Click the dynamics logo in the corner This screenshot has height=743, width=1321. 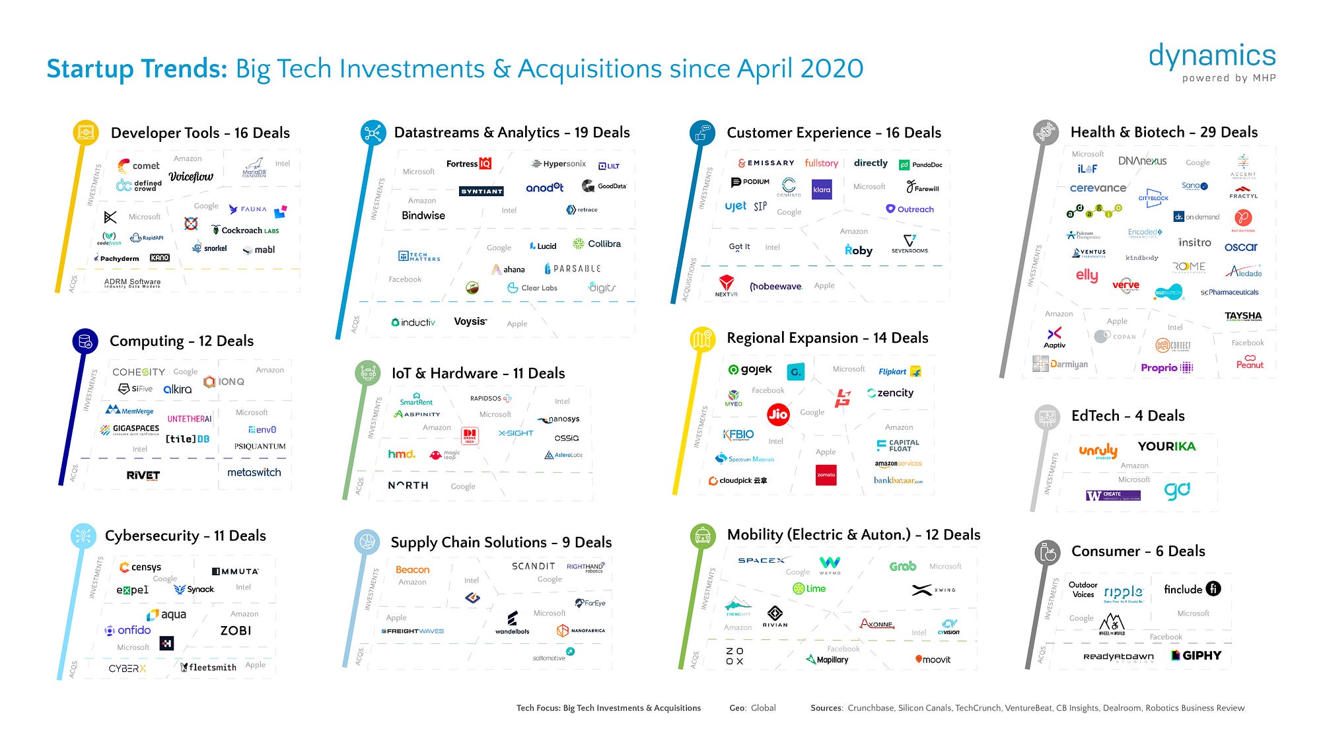tap(1212, 57)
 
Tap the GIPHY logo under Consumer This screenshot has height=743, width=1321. tap(1196, 655)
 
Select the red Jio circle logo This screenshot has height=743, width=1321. tap(778, 414)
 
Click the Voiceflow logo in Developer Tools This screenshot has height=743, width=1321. tap(191, 176)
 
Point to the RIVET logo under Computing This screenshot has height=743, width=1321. tap(143, 475)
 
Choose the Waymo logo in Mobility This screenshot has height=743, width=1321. tap(830, 564)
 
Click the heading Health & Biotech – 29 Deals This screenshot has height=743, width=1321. tap(1164, 132)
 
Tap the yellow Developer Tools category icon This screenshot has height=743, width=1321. tap(85, 132)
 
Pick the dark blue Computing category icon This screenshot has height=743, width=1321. tap(85, 341)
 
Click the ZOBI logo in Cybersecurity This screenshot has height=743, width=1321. tap(236, 631)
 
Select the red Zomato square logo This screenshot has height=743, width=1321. tap(826, 475)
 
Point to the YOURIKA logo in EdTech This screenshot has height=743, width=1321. tap(1166, 446)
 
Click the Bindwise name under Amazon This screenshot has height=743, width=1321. tap(423, 215)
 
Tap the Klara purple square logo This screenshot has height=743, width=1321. tap(822, 190)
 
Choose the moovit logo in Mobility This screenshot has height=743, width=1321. tap(933, 659)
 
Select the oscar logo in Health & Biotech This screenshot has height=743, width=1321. tap(1240, 247)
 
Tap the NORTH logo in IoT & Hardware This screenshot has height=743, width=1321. tap(408, 485)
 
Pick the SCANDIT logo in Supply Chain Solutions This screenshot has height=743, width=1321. tap(533, 566)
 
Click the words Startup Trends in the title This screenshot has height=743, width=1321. tap(137, 69)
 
